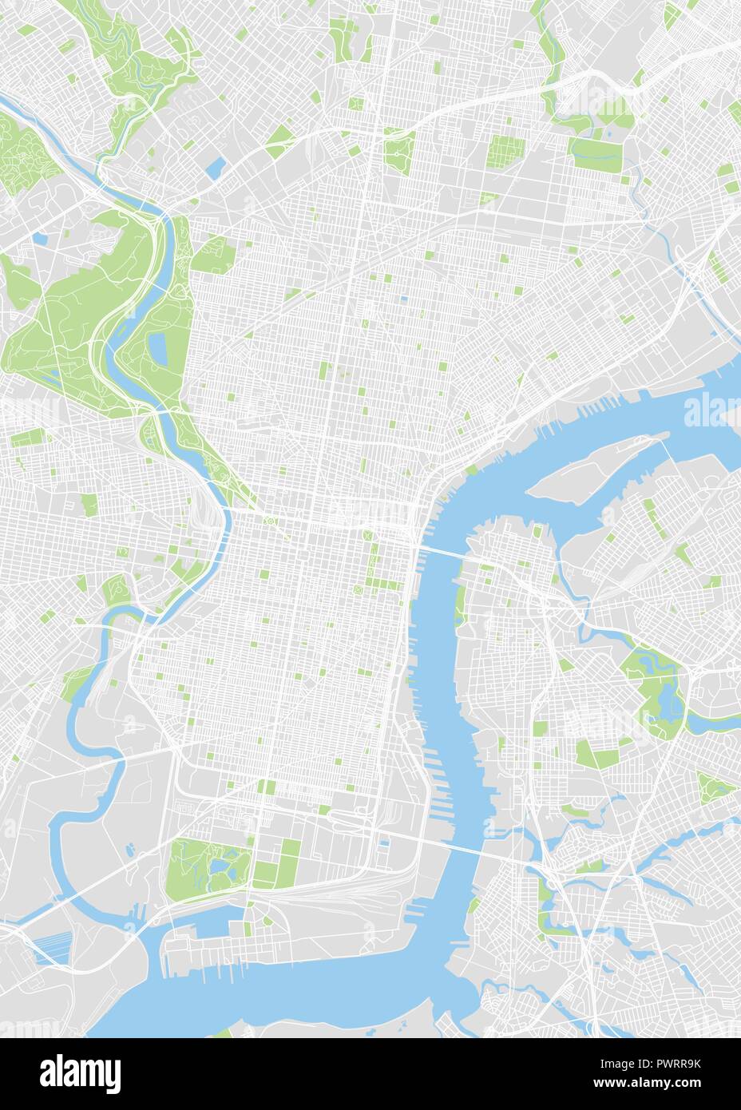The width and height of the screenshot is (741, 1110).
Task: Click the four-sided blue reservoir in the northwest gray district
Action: coord(216,167)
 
